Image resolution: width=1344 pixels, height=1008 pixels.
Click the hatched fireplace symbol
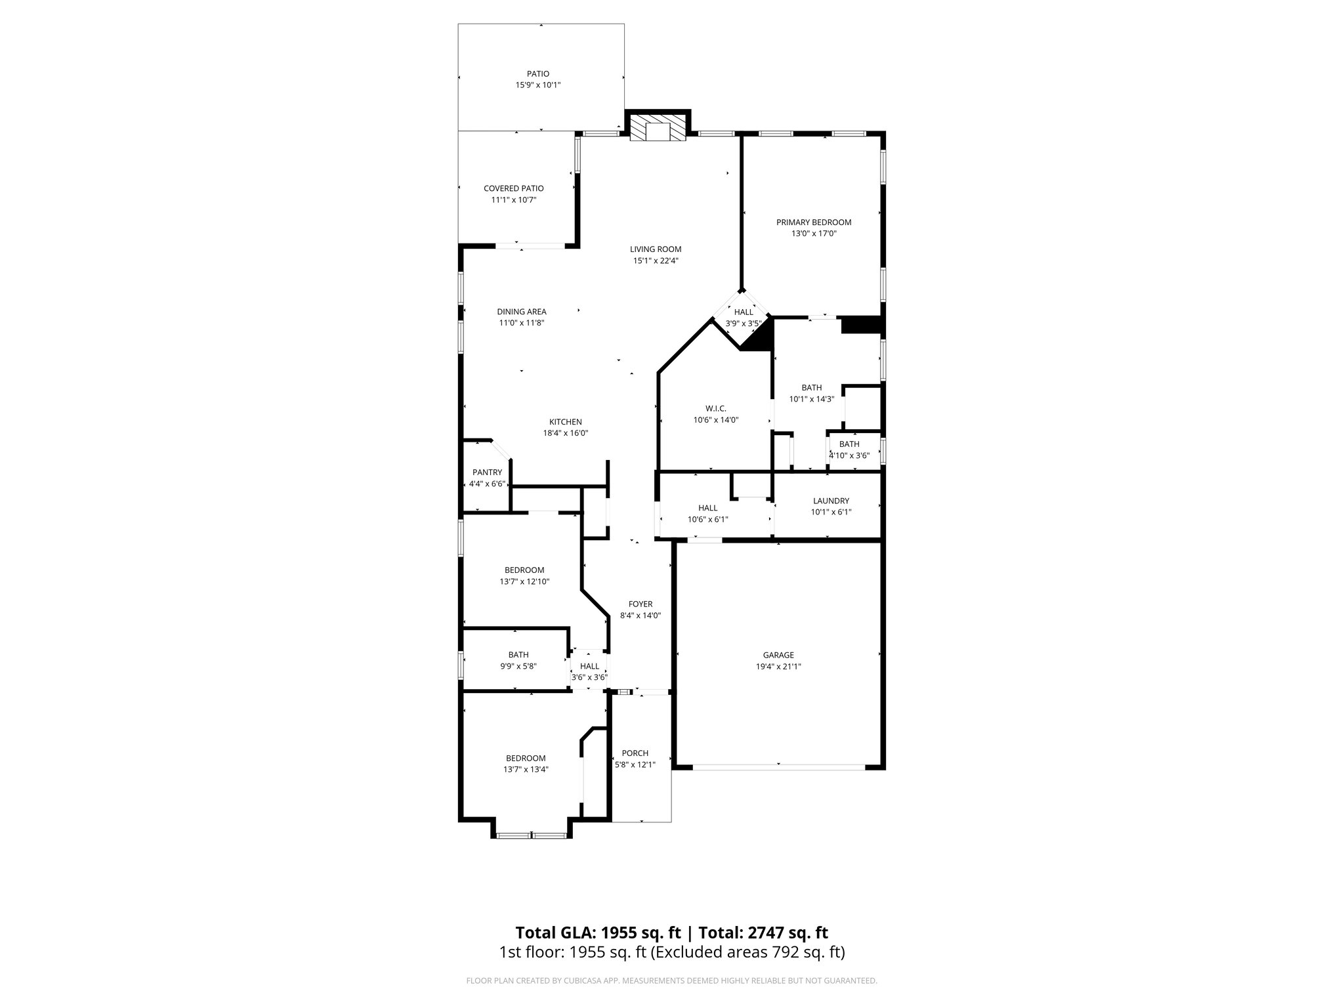(657, 131)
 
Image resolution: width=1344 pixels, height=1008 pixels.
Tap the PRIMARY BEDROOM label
(814, 222)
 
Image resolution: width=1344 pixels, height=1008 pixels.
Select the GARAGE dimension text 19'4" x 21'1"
(778, 666)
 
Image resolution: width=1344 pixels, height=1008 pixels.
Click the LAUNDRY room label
(831, 501)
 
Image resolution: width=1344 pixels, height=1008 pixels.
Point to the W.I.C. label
(716, 408)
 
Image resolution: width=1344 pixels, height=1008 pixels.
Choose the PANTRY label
(487, 472)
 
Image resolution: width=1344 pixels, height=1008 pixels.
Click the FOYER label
(640, 604)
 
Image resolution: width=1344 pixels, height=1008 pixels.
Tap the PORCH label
(635, 753)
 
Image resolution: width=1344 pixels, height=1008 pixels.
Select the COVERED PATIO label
(514, 188)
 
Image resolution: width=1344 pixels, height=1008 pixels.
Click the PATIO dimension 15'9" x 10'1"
(538, 85)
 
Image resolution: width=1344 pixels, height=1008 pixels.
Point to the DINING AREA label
(522, 312)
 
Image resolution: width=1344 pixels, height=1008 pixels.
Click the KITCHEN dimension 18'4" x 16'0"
(566, 433)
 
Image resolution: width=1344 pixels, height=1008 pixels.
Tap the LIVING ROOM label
(656, 249)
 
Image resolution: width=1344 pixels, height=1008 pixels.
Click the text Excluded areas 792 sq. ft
(747, 952)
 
